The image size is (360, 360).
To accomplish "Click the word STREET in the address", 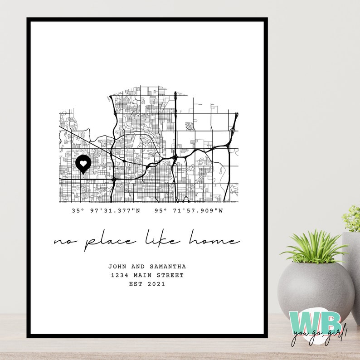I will [x=170, y=275].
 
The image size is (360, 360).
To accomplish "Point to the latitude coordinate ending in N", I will [x=107, y=210].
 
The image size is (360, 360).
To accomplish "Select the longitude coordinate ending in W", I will [x=189, y=210].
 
